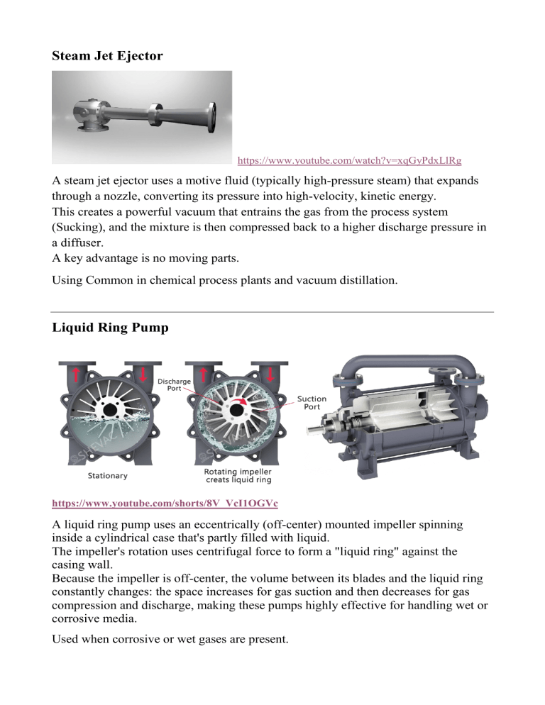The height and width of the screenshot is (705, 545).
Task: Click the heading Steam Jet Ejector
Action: click(107, 55)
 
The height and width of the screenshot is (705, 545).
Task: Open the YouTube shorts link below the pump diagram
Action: click(165, 503)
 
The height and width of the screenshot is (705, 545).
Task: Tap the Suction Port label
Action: click(312, 403)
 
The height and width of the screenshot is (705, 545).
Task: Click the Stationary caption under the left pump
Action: click(108, 475)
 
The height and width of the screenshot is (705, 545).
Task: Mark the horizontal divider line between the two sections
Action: click(272, 312)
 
